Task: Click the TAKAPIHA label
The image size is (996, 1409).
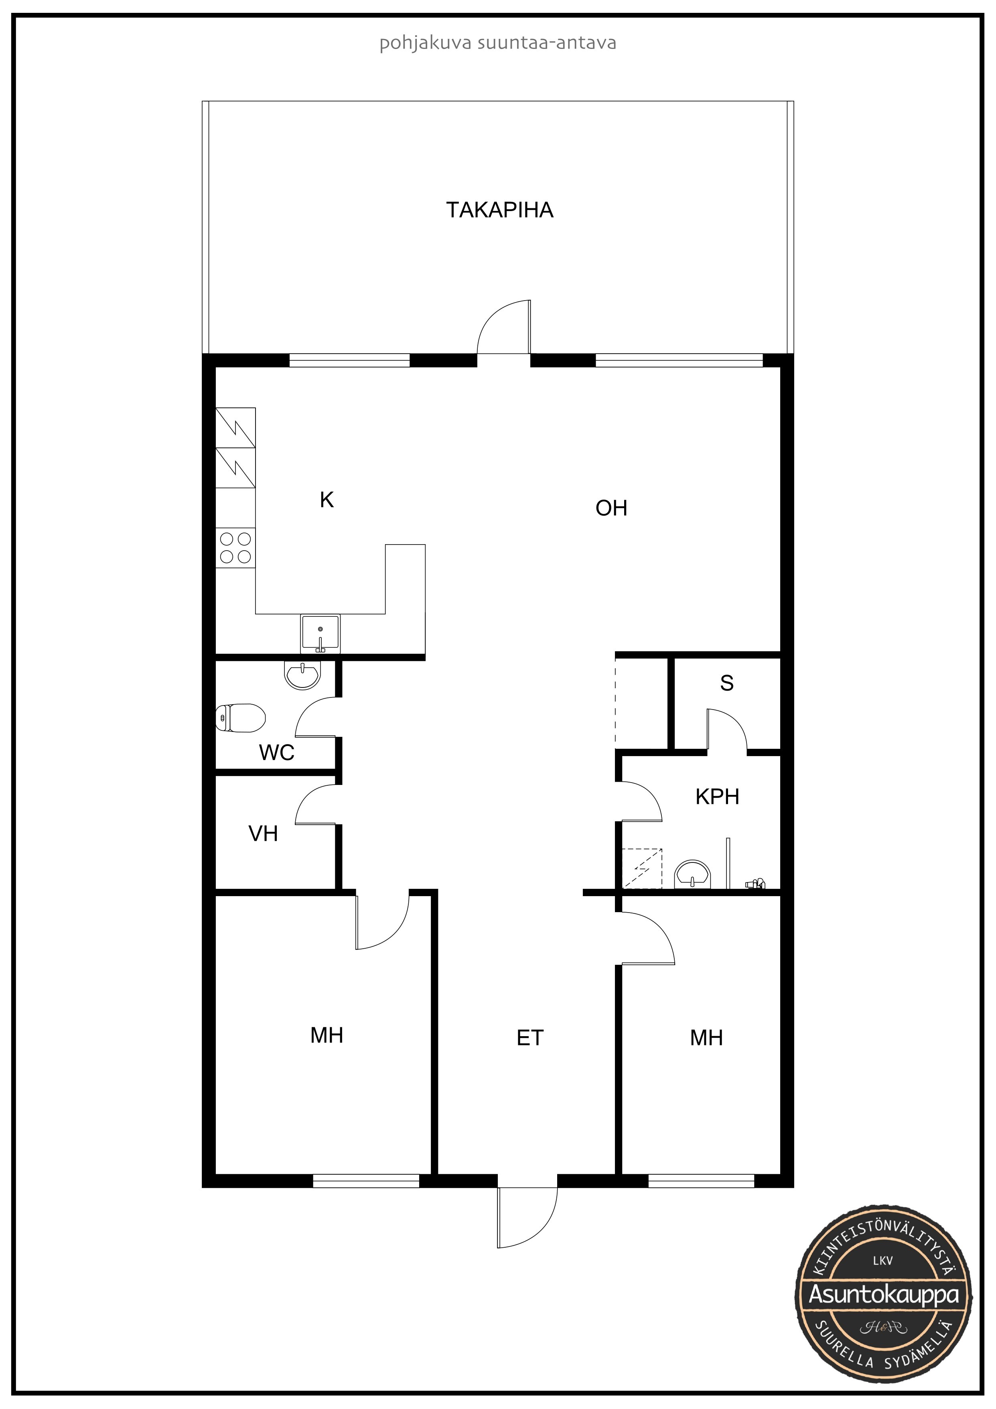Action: (499, 210)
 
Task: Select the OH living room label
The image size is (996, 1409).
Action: (611, 508)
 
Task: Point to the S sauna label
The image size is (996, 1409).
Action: (727, 683)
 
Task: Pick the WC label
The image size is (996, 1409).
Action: (277, 752)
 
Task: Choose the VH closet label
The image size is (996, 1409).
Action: (263, 834)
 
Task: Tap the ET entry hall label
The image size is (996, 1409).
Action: (530, 1038)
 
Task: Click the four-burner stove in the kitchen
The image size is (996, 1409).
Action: (235, 547)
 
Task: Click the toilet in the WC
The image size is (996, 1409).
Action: (240, 718)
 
